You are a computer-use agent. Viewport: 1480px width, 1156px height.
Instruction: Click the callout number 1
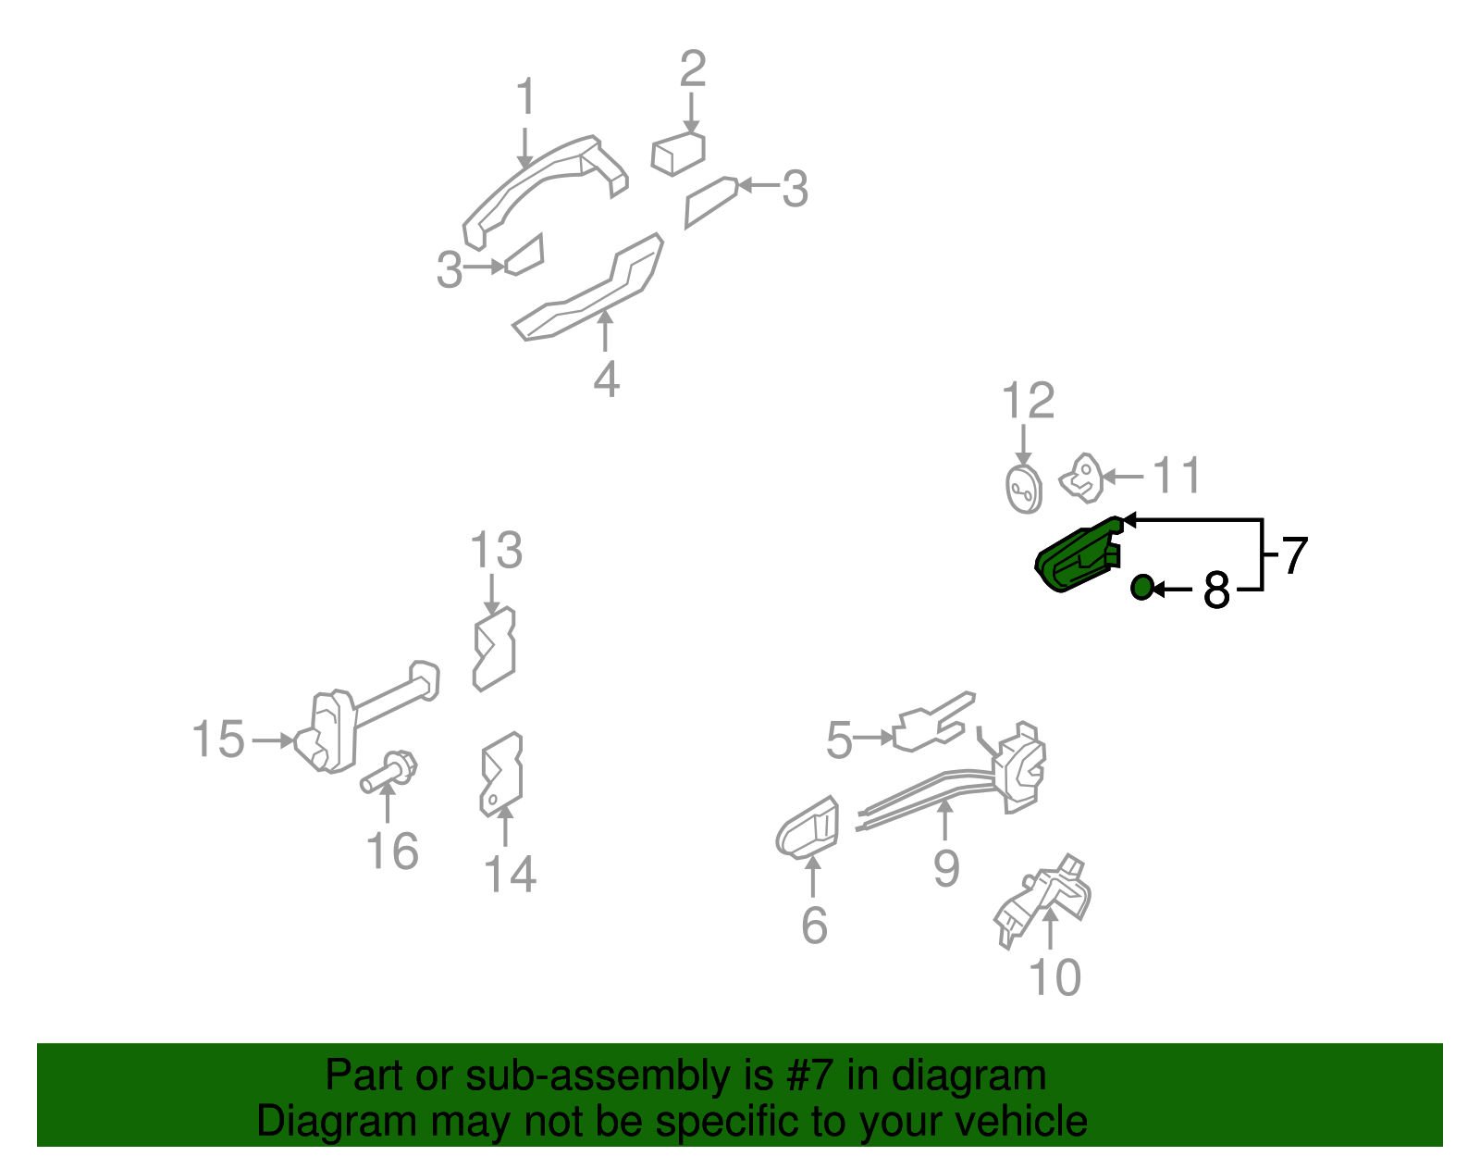(x=525, y=97)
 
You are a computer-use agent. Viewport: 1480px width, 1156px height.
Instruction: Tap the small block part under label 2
(x=678, y=154)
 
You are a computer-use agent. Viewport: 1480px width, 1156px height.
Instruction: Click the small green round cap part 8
(x=1142, y=587)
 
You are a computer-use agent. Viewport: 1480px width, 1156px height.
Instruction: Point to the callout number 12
(x=1028, y=401)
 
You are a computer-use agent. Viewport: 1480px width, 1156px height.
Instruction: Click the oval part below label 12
(x=1023, y=489)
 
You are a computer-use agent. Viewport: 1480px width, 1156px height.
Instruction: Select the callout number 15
(x=218, y=740)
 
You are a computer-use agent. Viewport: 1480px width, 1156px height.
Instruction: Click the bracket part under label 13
(x=494, y=649)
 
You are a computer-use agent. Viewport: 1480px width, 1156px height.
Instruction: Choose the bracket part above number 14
(x=501, y=774)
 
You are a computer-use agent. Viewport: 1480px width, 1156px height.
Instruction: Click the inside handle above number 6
(x=808, y=827)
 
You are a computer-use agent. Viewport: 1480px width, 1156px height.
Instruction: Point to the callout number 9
(x=945, y=868)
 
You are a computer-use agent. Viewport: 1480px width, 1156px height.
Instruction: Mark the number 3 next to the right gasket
(x=795, y=189)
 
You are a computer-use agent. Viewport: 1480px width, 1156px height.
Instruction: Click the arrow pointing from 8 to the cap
(x=1172, y=589)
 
